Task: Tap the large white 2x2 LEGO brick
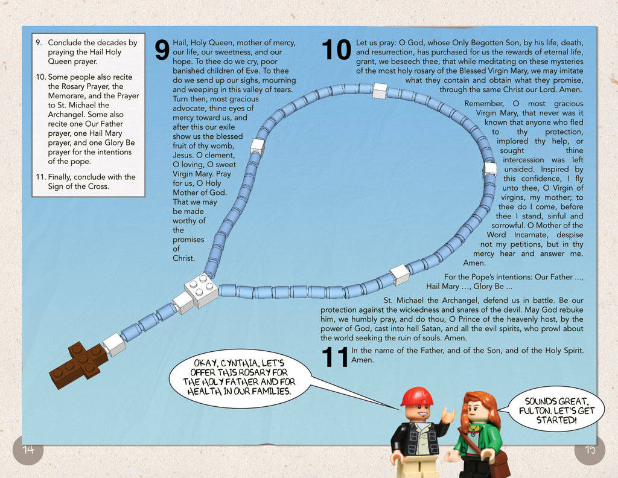202,289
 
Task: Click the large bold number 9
162,50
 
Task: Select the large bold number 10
336,50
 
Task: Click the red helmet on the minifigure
416,397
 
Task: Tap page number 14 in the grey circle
28,449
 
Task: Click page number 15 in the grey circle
590,449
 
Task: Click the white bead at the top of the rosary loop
380,91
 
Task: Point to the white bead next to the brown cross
113,345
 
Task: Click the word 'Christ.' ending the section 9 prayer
184,258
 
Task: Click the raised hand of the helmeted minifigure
447,415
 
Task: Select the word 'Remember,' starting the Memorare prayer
483,104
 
